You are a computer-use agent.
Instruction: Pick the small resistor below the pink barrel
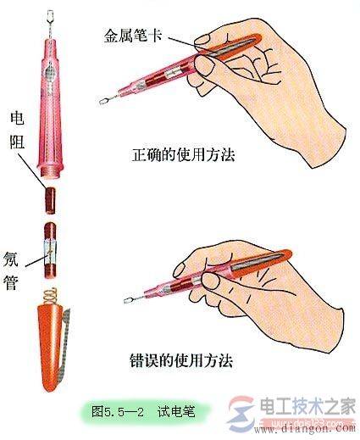click(51, 200)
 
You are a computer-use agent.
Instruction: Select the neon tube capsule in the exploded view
click(51, 248)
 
